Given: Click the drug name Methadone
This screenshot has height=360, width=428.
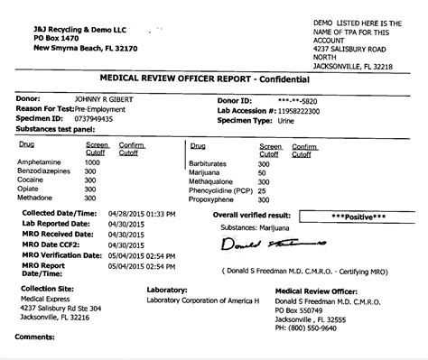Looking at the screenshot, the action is [x=37, y=196].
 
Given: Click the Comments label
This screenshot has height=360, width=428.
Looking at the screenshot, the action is [x=35, y=352].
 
